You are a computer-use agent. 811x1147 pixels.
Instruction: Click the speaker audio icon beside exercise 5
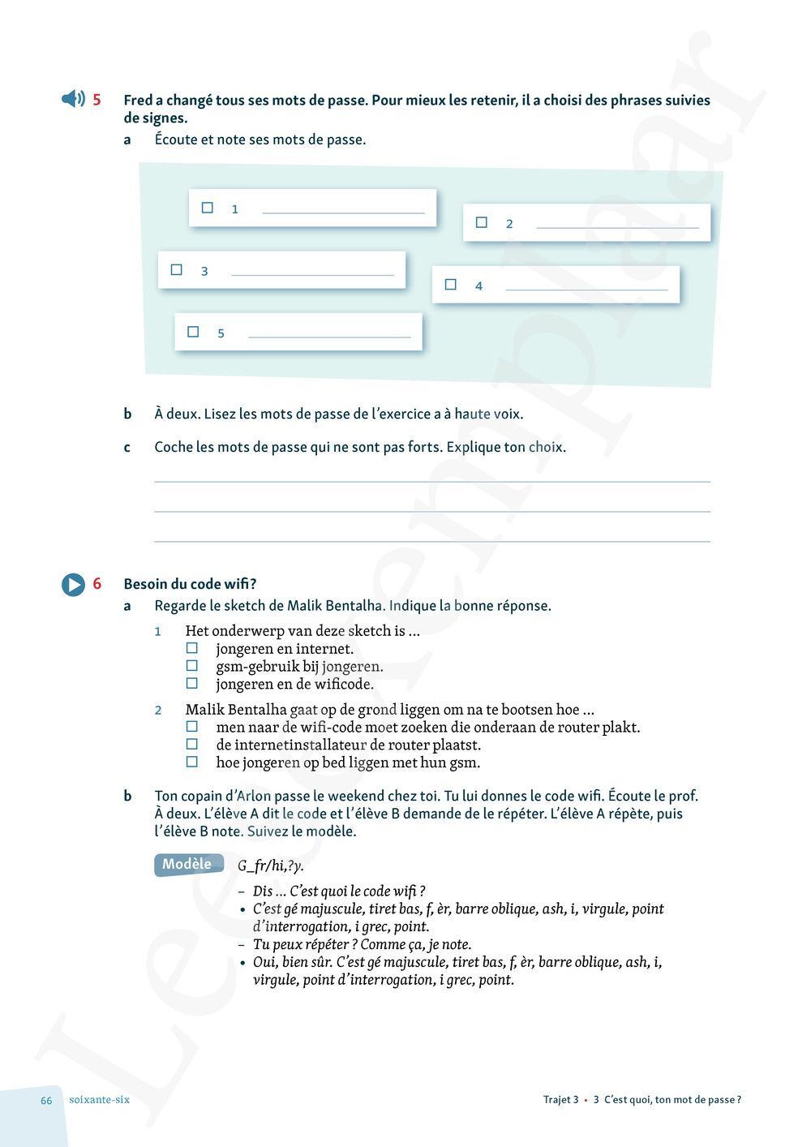[73, 99]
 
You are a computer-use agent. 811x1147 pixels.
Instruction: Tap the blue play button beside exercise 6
[73, 584]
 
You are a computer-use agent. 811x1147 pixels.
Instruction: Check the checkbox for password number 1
[208, 208]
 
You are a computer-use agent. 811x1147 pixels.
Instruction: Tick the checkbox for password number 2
[482, 222]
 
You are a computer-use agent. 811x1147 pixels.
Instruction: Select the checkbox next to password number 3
[177, 269]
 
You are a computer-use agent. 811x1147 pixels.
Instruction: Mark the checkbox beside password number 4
[451, 284]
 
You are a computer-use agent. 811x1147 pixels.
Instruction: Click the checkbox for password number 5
[193, 332]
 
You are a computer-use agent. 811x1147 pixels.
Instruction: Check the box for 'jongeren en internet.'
[192, 648]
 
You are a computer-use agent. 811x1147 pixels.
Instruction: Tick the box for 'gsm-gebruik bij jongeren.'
[192, 666]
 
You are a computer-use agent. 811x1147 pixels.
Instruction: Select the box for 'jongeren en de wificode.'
[192, 684]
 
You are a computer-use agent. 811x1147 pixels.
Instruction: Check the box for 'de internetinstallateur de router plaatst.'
[192, 744]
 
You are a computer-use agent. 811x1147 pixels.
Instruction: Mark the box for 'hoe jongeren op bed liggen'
[192, 762]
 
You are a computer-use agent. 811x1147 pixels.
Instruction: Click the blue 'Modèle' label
[187, 864]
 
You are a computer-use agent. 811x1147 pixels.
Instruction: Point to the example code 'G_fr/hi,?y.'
[271, 866]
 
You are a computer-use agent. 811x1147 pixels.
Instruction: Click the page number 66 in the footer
[46, 1100]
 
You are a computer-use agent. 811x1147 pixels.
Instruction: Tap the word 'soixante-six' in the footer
[99, 1100]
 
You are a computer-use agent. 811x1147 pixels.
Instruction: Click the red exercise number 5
[97, 100]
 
